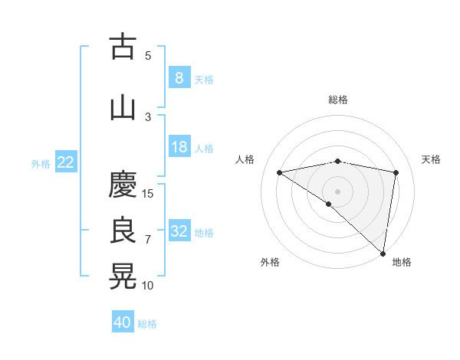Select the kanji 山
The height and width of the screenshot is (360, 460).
tap(123, 107)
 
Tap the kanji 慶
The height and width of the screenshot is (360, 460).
tap(123, 185)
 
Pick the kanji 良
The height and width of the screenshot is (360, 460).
tap(123, 231)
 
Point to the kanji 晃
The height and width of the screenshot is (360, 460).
tap(123, 277)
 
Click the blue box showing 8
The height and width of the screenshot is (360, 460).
tap(179, 77)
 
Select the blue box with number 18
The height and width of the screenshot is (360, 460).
tap(179, 147)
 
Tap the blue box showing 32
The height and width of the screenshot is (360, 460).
tap(179, 231)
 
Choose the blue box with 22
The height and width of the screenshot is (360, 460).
tap(66, 162)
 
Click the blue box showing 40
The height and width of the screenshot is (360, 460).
tap(123, 322)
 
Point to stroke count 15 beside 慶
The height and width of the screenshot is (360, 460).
tap(148, 193)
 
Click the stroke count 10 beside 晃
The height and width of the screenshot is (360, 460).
tap(148, 285)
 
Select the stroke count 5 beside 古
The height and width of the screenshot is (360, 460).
tap(148, 55)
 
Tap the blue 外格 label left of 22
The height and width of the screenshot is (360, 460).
tap(41, 163)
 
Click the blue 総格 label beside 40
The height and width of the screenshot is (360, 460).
tap(147, 324)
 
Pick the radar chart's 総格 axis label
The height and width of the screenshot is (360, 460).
tap(337, 100)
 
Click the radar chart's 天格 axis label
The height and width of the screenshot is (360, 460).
tap(431, 159)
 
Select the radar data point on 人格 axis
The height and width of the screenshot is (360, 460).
tap(279, 172)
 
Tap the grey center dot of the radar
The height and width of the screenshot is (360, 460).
tap(337, 190)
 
